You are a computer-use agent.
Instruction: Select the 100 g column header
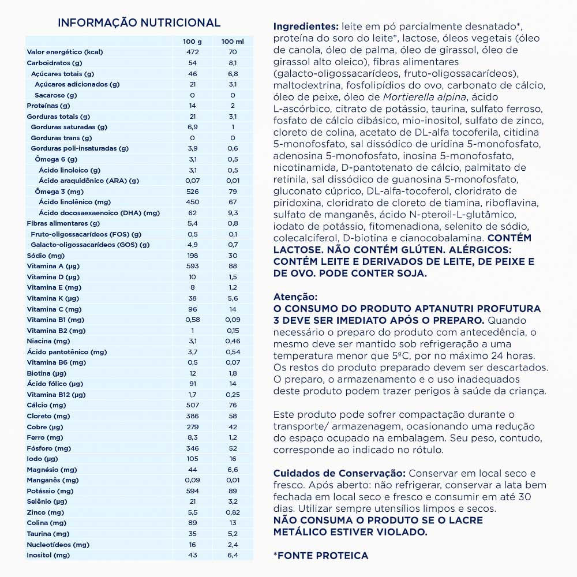[193, 42]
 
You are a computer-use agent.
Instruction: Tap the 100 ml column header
[232, 42]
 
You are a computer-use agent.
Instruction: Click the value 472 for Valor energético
[193, 52]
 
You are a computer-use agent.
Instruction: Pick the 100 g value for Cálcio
[193, 405]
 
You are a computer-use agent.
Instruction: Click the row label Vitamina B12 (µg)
[56, 395]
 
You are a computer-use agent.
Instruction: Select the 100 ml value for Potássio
[232, 491]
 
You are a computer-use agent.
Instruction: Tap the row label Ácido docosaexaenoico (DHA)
[99, 213]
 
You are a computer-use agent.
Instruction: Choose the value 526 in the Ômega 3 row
[193, 192]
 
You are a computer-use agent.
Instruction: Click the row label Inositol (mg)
[48, 555]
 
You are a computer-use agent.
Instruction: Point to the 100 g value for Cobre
[193, 427]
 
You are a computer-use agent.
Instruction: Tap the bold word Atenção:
[295, 297]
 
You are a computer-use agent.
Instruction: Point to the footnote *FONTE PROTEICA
[320, 555]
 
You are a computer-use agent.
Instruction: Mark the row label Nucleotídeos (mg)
[58, 544]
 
